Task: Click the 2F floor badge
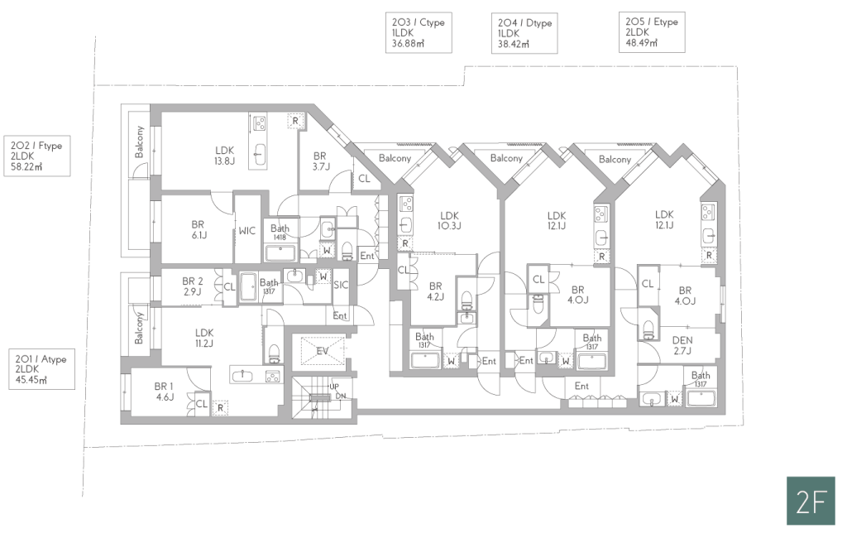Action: click(811, 501)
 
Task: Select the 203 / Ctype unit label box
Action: click(419, 33)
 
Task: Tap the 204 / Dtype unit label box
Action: click(524, 34)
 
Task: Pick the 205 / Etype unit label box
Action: click(652, 32)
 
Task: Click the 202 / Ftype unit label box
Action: click(36, 156)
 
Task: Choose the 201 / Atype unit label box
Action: click(41, 369)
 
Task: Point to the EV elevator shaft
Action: click(322, 351)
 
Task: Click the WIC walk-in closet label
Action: click(246, 231)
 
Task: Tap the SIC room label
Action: click(341, 285)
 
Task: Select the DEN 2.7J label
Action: click(682, 345)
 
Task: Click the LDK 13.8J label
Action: click(225, 156)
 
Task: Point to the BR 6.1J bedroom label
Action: click(198, 230)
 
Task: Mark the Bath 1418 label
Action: click(280, 232)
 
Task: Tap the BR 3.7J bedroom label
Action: click(320, 161)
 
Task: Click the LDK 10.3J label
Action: click(449, 221)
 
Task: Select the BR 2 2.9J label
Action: click(192, 286)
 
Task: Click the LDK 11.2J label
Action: click(204, 338)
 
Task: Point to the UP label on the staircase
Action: click(334, 387)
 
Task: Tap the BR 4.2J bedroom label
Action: click(435, 291)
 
